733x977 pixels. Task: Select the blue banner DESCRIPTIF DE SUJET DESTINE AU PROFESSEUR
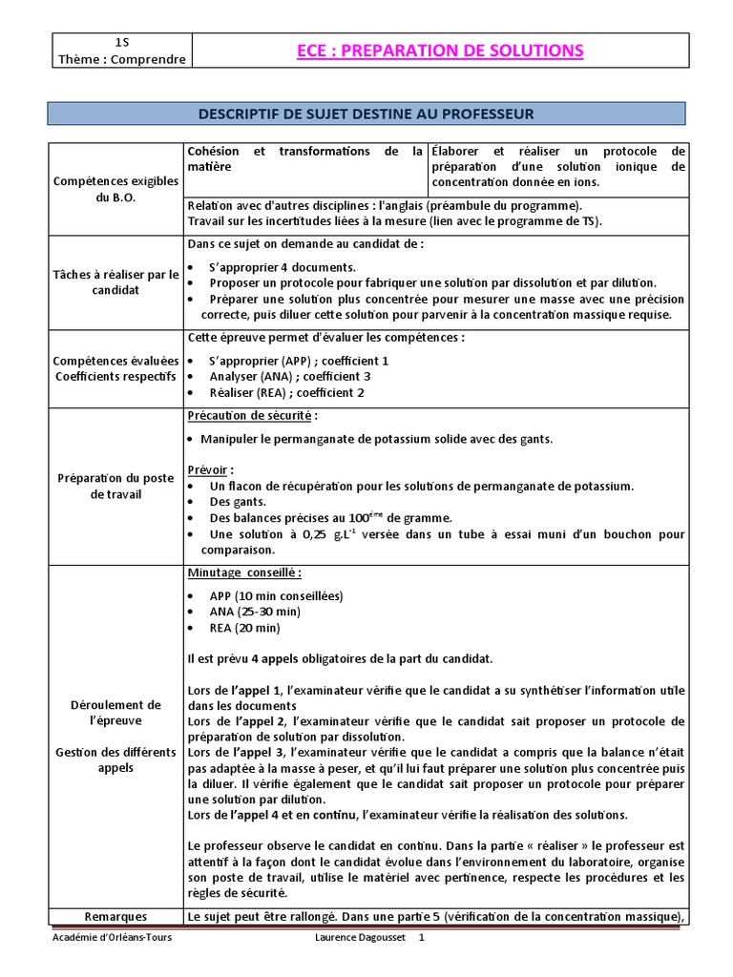click(366, 114)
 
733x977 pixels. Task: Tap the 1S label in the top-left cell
click(121, 42)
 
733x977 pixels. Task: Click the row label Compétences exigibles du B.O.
click(115, 189)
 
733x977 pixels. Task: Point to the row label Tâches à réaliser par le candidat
click(115, 282)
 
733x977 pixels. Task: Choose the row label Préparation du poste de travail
click(115, 486)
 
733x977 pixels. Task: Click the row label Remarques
click(115, 917)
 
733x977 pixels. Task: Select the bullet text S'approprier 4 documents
click(283, 267)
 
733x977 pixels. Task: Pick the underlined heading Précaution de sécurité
click(252, 416)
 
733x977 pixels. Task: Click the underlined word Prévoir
click(210, 470)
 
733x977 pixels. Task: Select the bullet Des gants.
click(238, 502)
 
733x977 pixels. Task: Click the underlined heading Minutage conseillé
click(244, 572)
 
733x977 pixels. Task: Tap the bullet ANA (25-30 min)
click(255, 612)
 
